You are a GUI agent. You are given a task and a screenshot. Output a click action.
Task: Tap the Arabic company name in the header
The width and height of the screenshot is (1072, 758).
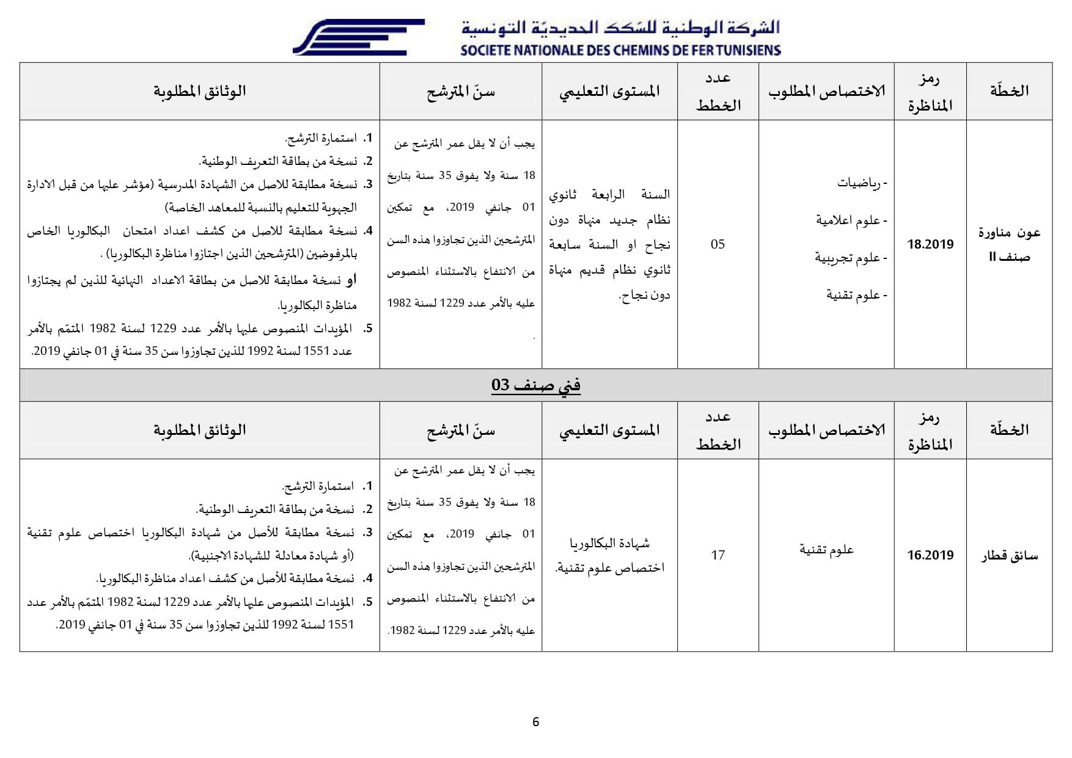point(620,27)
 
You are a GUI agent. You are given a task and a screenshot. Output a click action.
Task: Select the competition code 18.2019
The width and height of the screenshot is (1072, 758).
point(930,244)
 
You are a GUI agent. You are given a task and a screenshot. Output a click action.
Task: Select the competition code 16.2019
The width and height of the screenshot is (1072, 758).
point(930,555)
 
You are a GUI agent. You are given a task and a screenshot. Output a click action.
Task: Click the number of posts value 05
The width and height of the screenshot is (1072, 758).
point(718,244)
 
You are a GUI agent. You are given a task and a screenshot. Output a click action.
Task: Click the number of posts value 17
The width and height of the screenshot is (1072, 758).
point(718,555)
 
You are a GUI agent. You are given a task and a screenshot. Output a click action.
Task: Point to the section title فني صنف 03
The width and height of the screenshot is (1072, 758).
point(535,385)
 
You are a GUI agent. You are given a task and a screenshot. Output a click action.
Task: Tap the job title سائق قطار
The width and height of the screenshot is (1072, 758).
point(1009,556)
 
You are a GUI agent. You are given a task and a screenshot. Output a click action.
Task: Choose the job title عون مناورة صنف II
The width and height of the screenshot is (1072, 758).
point(1009,244)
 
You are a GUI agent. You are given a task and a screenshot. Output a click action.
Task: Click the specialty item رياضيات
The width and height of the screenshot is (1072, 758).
point(862,183)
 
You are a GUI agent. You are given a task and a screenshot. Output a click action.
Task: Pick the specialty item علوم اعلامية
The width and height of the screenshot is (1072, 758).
point(851,220)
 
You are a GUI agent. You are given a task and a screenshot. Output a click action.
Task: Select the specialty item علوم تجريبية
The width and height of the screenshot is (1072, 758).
point(850,258)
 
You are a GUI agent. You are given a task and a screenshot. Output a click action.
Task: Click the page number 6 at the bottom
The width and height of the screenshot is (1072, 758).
point(536,722)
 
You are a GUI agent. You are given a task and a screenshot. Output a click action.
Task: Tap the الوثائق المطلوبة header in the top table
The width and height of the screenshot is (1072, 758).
point(199,91)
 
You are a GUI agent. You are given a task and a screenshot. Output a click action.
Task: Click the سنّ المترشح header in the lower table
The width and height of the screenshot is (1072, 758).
point(460,430)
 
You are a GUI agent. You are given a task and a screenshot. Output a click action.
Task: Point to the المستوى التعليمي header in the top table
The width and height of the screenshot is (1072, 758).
point(609,91)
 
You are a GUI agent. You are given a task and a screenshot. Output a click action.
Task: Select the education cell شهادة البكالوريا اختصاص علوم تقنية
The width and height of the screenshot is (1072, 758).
point(609,555)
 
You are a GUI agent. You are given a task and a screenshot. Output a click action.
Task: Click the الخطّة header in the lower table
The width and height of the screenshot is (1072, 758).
point(1009,430)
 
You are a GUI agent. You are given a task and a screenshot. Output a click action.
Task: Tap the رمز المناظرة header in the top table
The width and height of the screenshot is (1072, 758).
point(930,92)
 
